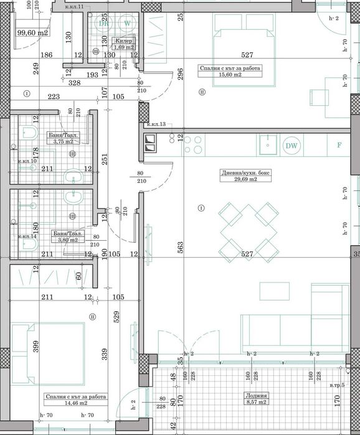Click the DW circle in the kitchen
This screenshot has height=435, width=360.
[291, 146]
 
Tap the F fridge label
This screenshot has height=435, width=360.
[339, 146]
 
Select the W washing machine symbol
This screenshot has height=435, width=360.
[128, 23]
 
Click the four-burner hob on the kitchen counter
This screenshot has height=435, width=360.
[193, 146]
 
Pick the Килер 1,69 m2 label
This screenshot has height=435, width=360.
[123, 44]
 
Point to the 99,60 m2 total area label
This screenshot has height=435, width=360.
[32, 33]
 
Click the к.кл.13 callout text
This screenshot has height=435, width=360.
[156, 125]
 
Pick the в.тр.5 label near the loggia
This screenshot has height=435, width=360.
[338, 386]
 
